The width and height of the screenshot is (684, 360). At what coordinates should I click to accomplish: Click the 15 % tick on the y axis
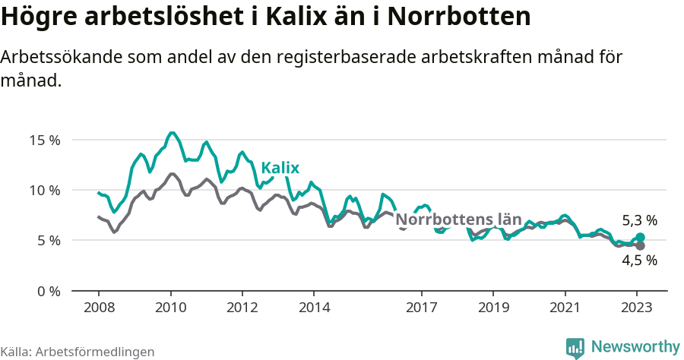(x=45, y=140)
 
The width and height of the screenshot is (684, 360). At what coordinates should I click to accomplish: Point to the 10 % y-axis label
(x=45, y=190)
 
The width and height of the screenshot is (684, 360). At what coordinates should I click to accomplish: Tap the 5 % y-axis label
(x=48, y=240)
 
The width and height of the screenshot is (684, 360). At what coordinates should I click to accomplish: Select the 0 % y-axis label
(x=48, y=291)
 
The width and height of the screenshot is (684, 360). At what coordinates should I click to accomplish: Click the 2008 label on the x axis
(x=99, y=308)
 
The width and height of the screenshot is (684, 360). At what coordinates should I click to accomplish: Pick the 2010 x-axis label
(x=170, y=308)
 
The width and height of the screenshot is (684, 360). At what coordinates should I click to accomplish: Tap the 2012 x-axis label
(x=242, y=308)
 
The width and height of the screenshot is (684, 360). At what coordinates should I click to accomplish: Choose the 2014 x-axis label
(x=314, y=308)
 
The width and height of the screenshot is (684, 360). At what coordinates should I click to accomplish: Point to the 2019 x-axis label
(x=493, y=308)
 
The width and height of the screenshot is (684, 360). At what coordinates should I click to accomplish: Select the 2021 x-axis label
(x=565, y=308)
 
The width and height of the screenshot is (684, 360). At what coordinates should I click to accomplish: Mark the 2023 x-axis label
(x=637, y=308)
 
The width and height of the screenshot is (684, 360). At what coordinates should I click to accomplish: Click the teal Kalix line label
(x=280, y=169)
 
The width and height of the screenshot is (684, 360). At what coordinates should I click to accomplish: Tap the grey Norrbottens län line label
(x=459, y=220)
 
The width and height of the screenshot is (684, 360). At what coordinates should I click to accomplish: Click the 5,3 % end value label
(x=639, y=221)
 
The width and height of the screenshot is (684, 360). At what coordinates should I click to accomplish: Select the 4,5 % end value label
(x=639, y=261)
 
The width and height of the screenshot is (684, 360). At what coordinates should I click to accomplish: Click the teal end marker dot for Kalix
(x=640, y=238)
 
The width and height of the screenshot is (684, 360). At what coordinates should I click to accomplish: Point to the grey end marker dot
(x=640, y=246)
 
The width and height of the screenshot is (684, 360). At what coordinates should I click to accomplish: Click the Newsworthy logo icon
(x=575, y=347)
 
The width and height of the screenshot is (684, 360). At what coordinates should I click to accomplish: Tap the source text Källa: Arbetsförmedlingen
(x=78, y=352)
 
